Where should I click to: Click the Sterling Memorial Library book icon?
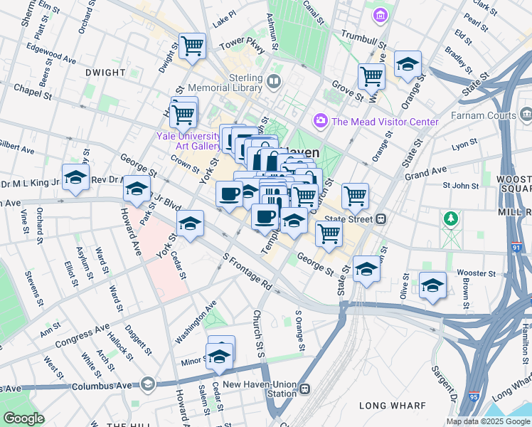tap(275, 82)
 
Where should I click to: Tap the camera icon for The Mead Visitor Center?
tap(321, 121)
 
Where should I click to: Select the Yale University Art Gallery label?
tap(189, 141)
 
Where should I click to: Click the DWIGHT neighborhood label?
tap(105, 73)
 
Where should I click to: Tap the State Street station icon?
tap(381, 219)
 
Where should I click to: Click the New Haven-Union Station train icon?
tap(304, 389)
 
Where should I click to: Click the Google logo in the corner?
tap(23, 418)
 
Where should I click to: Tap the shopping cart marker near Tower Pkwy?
tap(193, 47)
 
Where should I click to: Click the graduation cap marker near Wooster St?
tap(432, 286)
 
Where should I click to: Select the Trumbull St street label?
tap(363, 35)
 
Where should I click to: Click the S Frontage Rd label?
tap(247, 272)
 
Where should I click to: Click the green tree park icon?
tap(449, 218)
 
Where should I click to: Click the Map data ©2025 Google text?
tap(488, 421)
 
